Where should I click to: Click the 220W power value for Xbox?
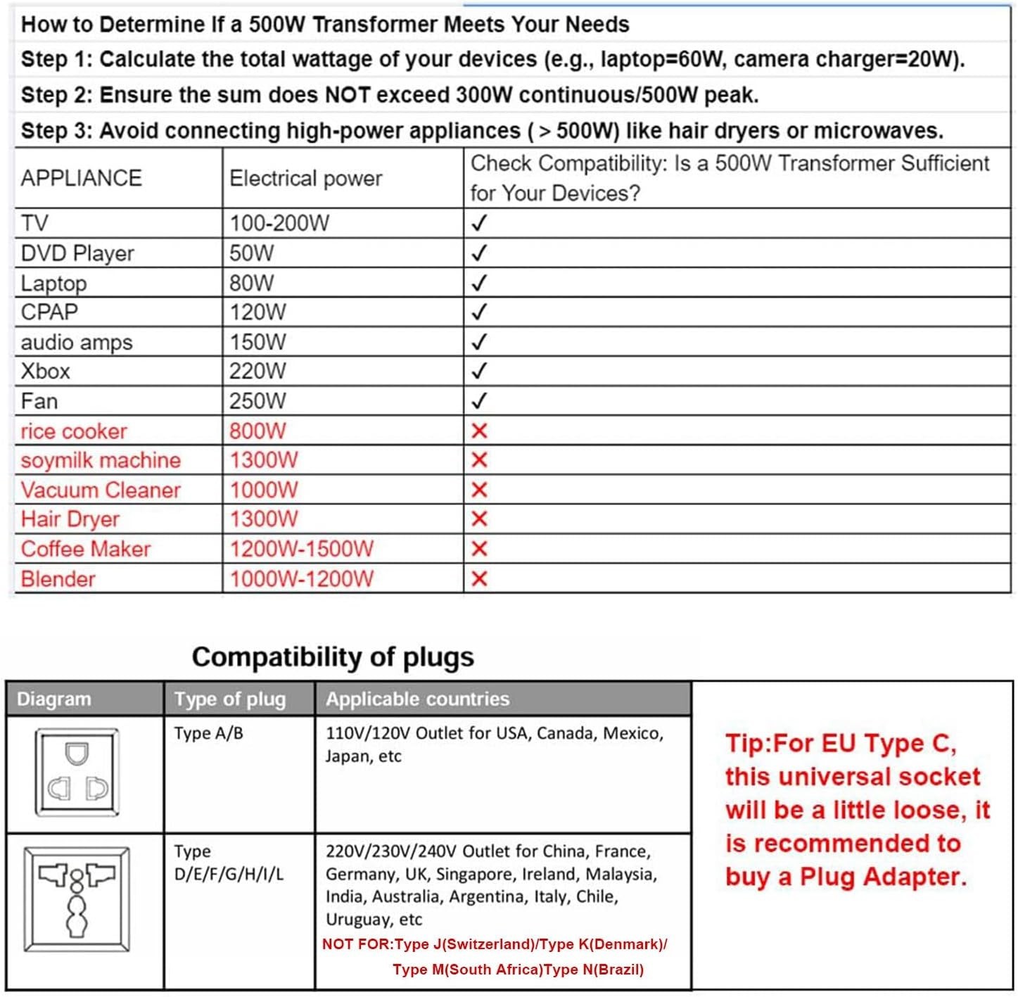[x=257, y=371]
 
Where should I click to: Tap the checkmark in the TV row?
[x=479, y=223]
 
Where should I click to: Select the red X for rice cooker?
[x=479, y=431]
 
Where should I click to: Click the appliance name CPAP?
[x=49, y=312]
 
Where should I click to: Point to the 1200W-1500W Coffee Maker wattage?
[x=302, y=549]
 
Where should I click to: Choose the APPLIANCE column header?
[x=81, y=178]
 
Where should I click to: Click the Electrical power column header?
[x=305, y=178]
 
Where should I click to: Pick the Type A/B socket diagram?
[x=77, y=773]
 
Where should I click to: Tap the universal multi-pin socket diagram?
[x=77, y=899]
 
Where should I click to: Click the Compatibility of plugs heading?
[x=333, y=656]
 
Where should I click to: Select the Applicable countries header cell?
[x=417, y=699]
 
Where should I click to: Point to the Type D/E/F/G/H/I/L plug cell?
[x=229, y=863]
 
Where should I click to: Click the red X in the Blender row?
[x=479, y=579]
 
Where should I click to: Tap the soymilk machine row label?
[x=101, y=460]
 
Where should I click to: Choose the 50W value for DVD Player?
[x=251, y=253]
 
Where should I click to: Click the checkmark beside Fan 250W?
[x=479, y=401]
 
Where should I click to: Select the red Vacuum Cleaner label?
[x=101, y=490]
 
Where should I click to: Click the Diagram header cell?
[x=54, y=699]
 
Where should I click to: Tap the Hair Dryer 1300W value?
[x=264, y=519]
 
